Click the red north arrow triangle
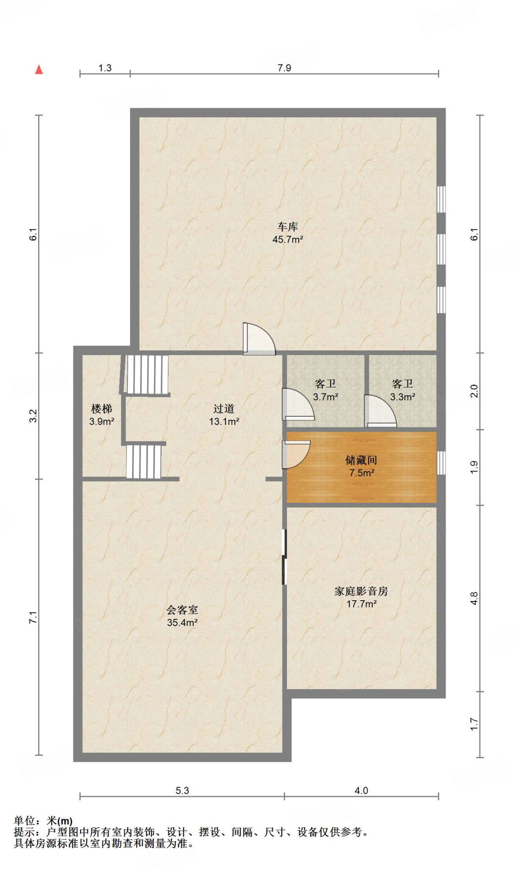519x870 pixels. (x=39, y=69)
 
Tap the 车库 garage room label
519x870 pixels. (x=287, y=226)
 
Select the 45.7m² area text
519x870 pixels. (x=287, y=240)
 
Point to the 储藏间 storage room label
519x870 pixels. (x=361, y=460)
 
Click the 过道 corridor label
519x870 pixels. (x=224, y=409)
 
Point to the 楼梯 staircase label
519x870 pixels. (x=101, y=409)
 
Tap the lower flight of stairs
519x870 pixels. (x=144, y=461)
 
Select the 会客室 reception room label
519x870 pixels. (x=182, y=610)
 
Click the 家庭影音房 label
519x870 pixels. (x=361, y=591)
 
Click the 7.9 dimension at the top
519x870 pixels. (x=284, y=68)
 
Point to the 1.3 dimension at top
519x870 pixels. (x=105, y=68)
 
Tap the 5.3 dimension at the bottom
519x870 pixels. (x=182, y=791)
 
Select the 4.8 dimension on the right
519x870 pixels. (x=474, y=598)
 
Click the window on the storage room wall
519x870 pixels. (x=441, y=463)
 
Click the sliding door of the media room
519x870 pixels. (x=285, y=556)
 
